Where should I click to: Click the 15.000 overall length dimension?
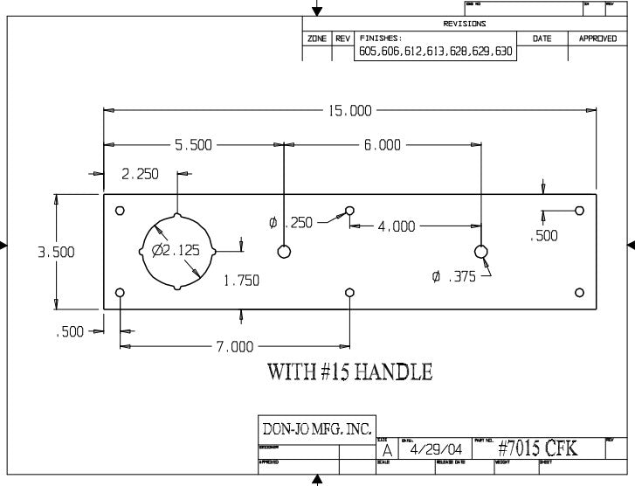[349, 111]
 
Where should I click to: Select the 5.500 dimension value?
[194, 145]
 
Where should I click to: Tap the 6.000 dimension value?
[382, 145]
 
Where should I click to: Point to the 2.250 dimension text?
[140, 174]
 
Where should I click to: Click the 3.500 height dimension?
[55, 253]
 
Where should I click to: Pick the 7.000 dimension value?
[235, 347]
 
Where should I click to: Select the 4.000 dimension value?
[397, 226]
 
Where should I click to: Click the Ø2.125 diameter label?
[176, 250]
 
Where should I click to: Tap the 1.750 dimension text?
[242, 281]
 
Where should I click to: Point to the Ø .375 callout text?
[453, 276]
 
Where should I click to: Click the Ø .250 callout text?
[291, 224]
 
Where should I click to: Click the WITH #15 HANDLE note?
[349, 372]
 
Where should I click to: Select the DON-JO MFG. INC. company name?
[318, 429]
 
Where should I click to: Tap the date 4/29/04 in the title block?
[431, 449]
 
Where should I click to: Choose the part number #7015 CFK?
[549, 448]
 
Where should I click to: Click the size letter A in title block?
[386, 451]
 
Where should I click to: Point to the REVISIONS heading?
[465, 24]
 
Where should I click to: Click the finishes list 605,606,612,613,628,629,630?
[436, 52]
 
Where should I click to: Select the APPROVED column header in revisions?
[597, 39]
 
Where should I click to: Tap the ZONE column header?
[316, 39]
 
